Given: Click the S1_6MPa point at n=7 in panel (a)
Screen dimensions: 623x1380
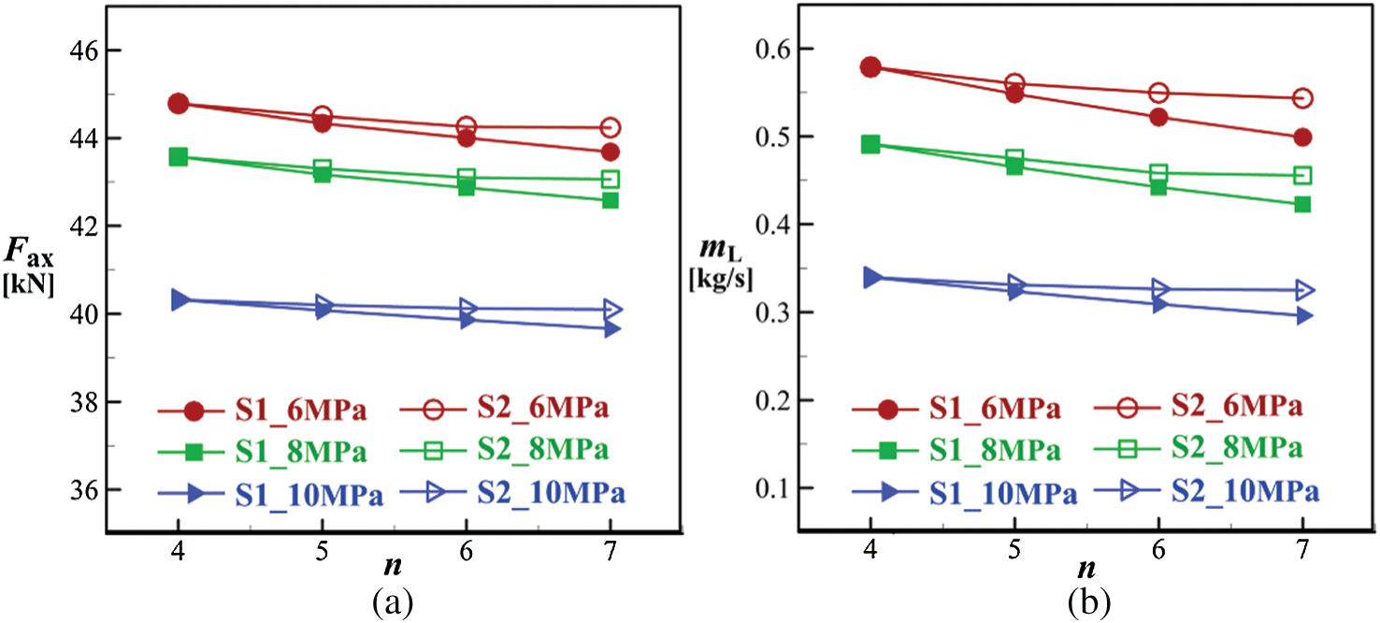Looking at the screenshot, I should tap(611, 152).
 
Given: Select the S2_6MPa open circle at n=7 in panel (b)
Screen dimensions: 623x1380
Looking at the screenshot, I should tap(1301, 98).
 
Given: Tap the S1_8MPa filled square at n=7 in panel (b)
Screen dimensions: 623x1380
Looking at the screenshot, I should tap(1301, 204).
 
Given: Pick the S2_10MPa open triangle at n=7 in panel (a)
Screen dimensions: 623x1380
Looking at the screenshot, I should tap(611, 309).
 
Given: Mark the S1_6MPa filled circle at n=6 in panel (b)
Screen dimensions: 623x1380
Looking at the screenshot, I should tap(1158, 117).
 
